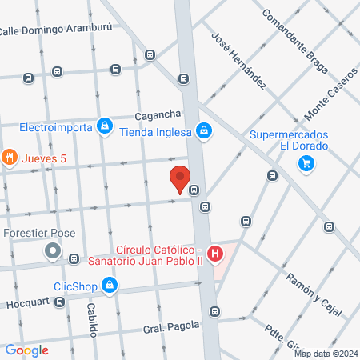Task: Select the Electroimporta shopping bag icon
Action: coord(104,126)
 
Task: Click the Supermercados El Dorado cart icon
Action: coord(305,163)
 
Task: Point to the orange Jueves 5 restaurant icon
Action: coord(10,158)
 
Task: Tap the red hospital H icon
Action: coord(214,255)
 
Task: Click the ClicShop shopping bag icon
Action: coord(110,284)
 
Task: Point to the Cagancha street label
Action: coord(159,114)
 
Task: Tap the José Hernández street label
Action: coord(238,59)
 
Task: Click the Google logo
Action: coord(26,350)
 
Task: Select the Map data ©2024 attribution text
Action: coord(324,354)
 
